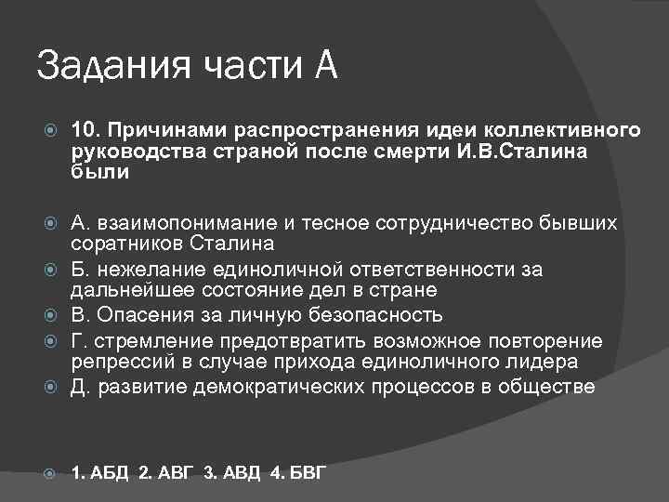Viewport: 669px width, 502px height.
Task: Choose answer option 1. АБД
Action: point(101,474)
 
